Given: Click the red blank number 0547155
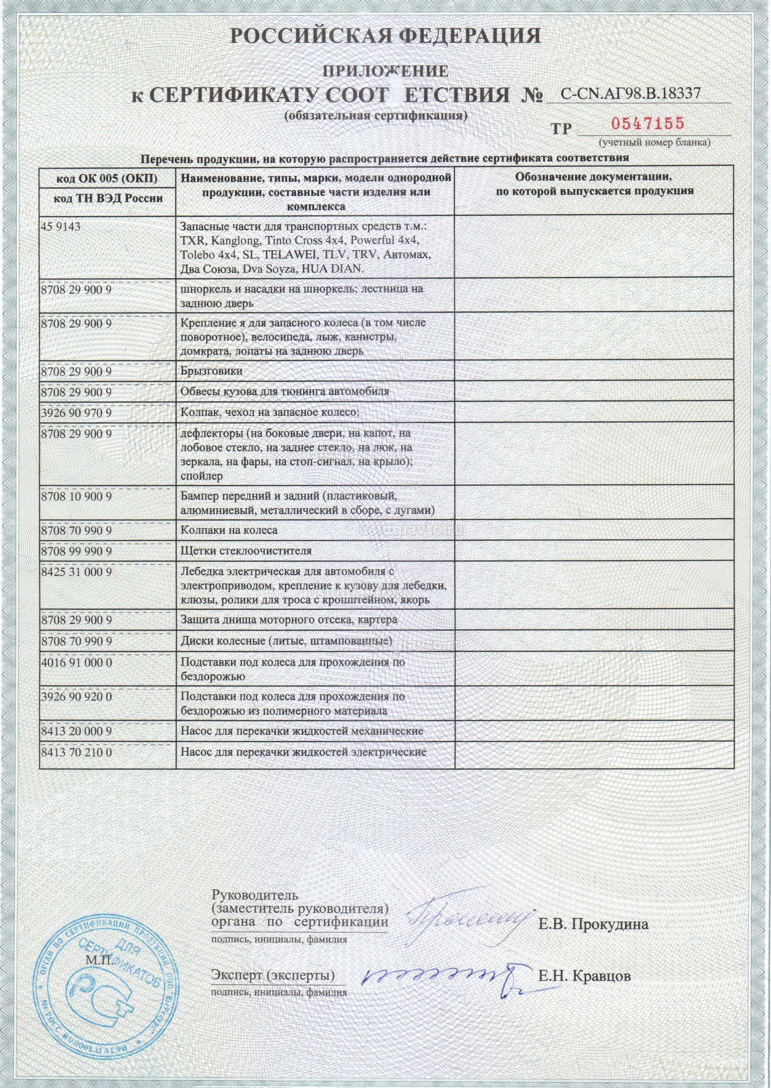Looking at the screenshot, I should [x=647, y=124].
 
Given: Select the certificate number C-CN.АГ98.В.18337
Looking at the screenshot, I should [x=630, y=93].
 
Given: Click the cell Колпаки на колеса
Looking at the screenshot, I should [x=229, y=530].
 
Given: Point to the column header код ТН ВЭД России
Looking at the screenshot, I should [x=108, y=199].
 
